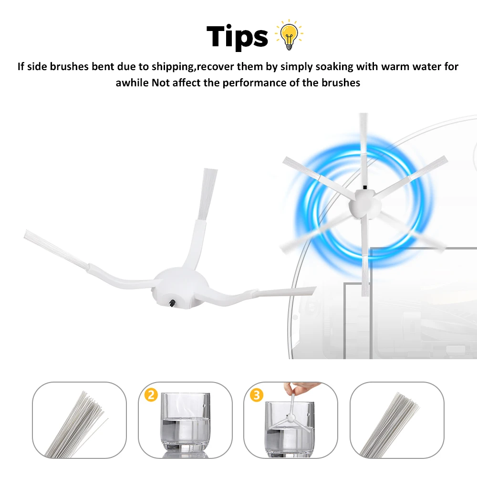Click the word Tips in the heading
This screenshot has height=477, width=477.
pyautogui.click(x=237, y=37)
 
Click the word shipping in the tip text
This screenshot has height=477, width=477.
pyautogui.click(x=173, y=67)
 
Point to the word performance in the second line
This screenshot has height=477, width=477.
pyautogui.click(x=255, y=83)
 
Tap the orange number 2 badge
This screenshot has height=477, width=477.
pyautogui.click(x=151, y=395)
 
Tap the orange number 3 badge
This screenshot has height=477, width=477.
pyautogui.click(x=257, y=395)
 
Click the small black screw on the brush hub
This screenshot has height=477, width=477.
pyautogui.click(x=172, y=303)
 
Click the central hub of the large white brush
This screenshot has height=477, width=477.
pyautogui.click(x=181, y=288)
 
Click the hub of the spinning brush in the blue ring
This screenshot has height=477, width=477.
pyautogui.click(x=364, y=204)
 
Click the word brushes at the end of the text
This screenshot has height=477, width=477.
pyautogui.click(x=341, y=83)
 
